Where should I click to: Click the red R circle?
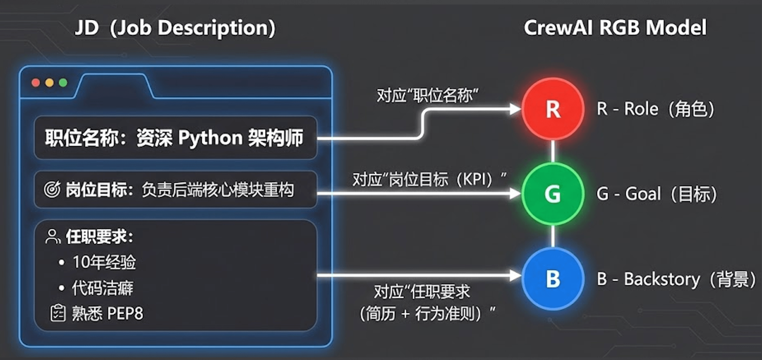click(553, 109)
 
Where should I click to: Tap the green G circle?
click(553, 194)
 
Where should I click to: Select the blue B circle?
click(553, 279)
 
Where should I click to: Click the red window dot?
click(36, 83)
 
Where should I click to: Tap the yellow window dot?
click(49, 83)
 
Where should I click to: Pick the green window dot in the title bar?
click(63, 83)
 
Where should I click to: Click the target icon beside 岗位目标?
click(52, 189)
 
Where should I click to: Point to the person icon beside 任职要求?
click(52, 237)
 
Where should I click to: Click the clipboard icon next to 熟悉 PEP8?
click(58, 313)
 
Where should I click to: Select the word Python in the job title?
click(210, 138)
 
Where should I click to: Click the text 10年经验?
click(104, 262)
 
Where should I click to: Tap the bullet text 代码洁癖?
click(102, 288)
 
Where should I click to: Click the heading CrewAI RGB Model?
click(615, 28)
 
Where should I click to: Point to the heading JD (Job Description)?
click(175, 28)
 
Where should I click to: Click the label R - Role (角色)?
click(655, 109)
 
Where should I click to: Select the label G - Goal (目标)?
click(656, 194)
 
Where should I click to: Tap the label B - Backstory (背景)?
click(676, 279)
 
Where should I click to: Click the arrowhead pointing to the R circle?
click(515, 109)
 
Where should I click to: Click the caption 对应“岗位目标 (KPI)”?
click(429, 179)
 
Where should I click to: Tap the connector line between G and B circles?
click(553, 236)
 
